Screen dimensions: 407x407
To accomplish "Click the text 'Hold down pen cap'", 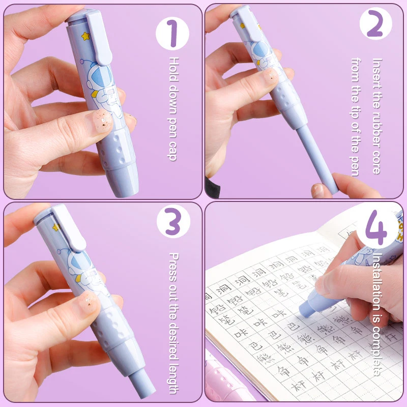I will click(173, 109).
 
